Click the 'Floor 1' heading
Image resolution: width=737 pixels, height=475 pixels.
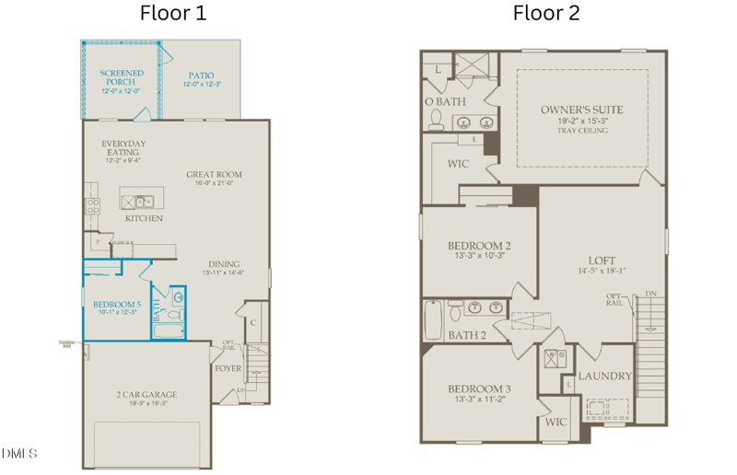click(173, 13)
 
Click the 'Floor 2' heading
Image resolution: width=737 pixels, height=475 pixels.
click(546, 13)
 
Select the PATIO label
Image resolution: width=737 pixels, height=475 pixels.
click(201, 75)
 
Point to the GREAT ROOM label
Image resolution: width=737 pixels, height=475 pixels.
click(214, 174)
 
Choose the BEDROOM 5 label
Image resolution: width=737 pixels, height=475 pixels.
click(117, 304)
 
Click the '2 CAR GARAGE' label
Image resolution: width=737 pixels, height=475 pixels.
click(146, 394)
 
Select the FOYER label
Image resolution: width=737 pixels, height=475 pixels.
click(228, 368)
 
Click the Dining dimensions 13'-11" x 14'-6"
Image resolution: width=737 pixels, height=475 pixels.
click(223, 272)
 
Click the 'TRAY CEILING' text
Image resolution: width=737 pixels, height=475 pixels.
click(581, 131)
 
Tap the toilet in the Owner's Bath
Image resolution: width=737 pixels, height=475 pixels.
click(436, 119)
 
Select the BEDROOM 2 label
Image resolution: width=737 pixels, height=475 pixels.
click(479, 245)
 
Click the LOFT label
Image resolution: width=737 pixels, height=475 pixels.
click(602, 261)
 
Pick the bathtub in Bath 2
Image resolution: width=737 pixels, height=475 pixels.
click(432, 319)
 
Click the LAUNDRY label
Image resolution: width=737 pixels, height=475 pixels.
click(604, 376)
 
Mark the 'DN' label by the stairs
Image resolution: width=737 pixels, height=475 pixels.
click(651, 294)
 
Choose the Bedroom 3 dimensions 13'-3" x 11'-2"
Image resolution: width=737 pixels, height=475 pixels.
click(479, 400)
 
